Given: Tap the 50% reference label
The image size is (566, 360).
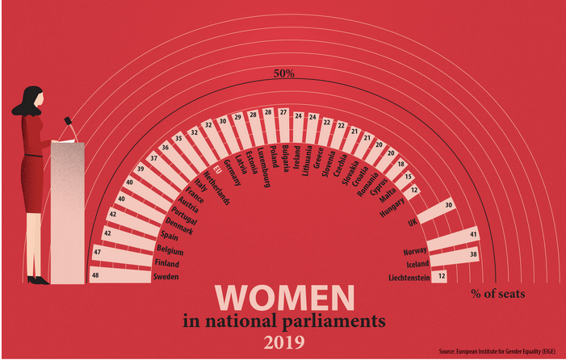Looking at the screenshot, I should click(283, 73).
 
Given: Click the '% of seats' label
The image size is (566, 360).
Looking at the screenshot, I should click(497, 294).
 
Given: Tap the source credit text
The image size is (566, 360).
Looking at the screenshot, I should click(498, 352).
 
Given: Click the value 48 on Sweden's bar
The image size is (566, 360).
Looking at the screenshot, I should click(97, 276).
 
